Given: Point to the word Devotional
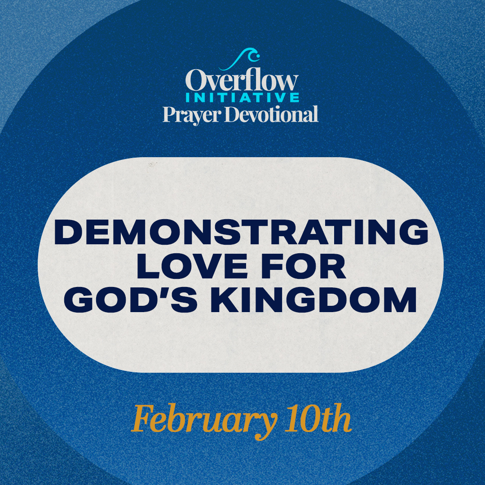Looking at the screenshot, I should (x=271, y=114).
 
